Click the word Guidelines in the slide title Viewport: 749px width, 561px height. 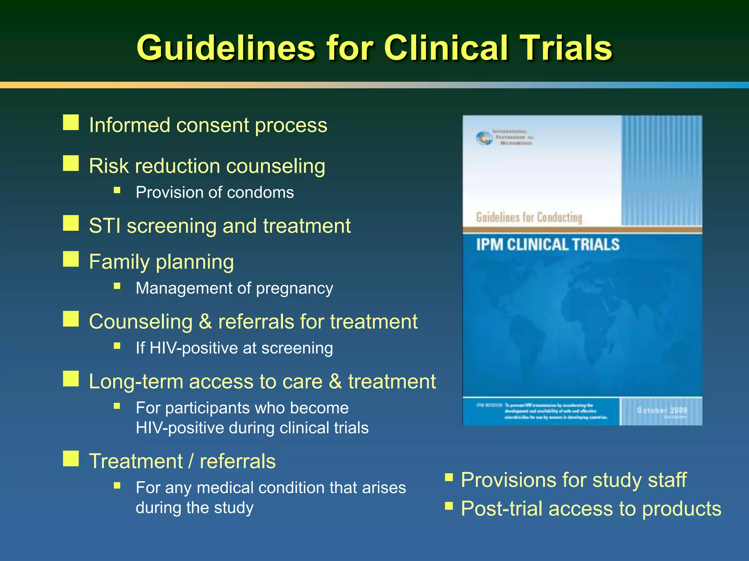[x=226, y=48]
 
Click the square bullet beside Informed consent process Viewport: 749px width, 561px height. [x=71, y=123]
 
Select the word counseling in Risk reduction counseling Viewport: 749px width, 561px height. [x=275, y=166]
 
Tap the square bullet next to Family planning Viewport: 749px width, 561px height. [x=71, y=259]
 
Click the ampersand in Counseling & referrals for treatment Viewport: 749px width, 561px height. [x=205, y=322]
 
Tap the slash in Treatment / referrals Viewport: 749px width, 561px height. [x=191, y=461]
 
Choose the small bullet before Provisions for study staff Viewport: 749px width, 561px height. [x=449, y=477]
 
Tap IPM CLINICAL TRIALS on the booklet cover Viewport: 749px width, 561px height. [x=547, y=245]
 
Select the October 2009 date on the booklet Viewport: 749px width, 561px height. [x=662, y=411]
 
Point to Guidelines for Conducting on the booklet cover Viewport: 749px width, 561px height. [x=529, y=218]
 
